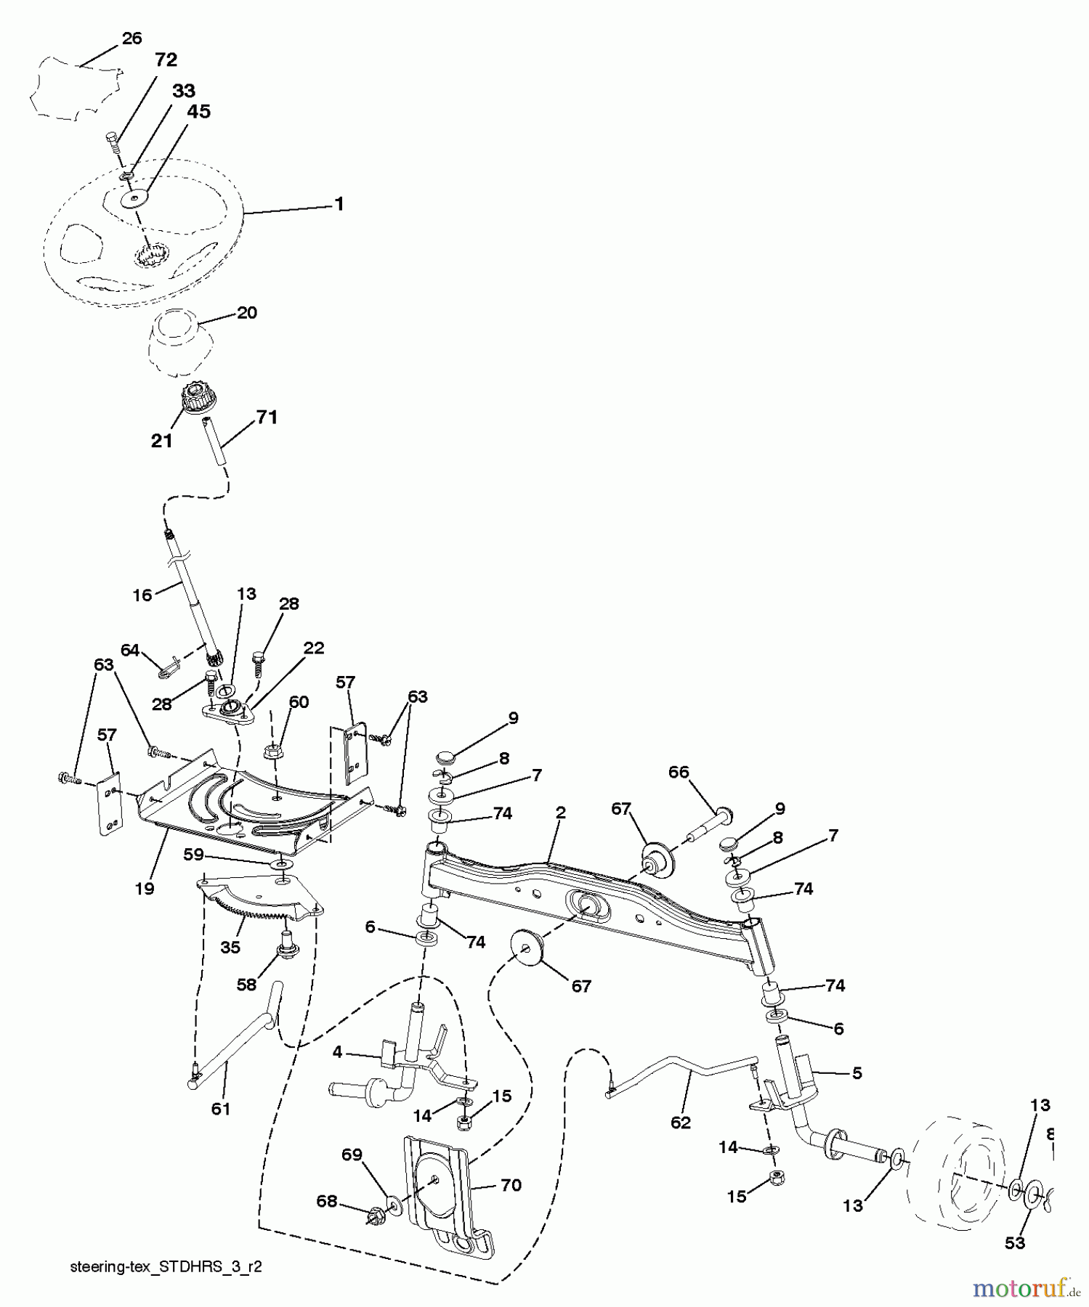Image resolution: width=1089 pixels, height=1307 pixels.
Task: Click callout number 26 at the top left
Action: click(131, 38)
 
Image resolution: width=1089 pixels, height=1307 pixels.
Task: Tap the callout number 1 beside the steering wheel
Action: click(339, 204)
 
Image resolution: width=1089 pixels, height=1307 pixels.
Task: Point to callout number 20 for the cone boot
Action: click(247, 313)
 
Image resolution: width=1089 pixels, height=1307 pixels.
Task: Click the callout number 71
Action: click(267, 418)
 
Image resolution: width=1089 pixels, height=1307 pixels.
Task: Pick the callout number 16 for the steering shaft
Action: click(142, 595)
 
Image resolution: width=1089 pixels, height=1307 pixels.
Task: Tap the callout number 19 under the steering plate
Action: click(145, 887)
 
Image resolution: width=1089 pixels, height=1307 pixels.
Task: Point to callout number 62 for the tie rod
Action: click(680, 1122)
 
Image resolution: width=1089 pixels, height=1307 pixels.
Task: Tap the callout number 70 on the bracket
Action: click(511, 1185)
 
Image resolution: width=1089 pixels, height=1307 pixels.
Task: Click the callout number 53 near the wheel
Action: click(1014, 1242)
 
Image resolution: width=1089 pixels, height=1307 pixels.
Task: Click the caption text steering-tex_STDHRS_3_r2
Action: click(166, 1266)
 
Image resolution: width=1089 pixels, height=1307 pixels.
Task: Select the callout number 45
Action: click(198, 112)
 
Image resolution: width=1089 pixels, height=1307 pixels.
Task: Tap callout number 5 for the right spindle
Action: click(857, 1072)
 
